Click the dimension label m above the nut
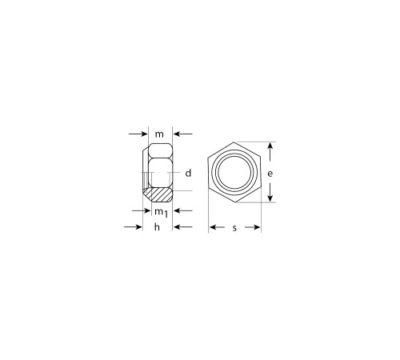(x=159, y=134)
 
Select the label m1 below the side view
(x=162, y=213)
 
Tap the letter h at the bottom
(x=157, y=227)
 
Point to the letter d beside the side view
(x=188, y=173)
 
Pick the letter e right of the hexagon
(x=270, y=174)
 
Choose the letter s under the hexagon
(x=234, y=228)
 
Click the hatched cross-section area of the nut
(x=158, y=194)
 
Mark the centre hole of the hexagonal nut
(x=234, y=173)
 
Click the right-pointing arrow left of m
(x=138, y=134)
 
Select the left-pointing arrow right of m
(x=183, y=134)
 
